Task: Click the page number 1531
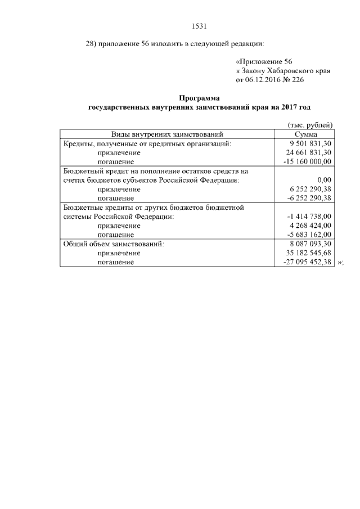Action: [200, 25]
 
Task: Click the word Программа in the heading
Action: [200, 98]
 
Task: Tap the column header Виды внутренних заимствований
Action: [167, 134]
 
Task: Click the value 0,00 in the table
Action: [324, 180]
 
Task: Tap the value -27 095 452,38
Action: [307, 262]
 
